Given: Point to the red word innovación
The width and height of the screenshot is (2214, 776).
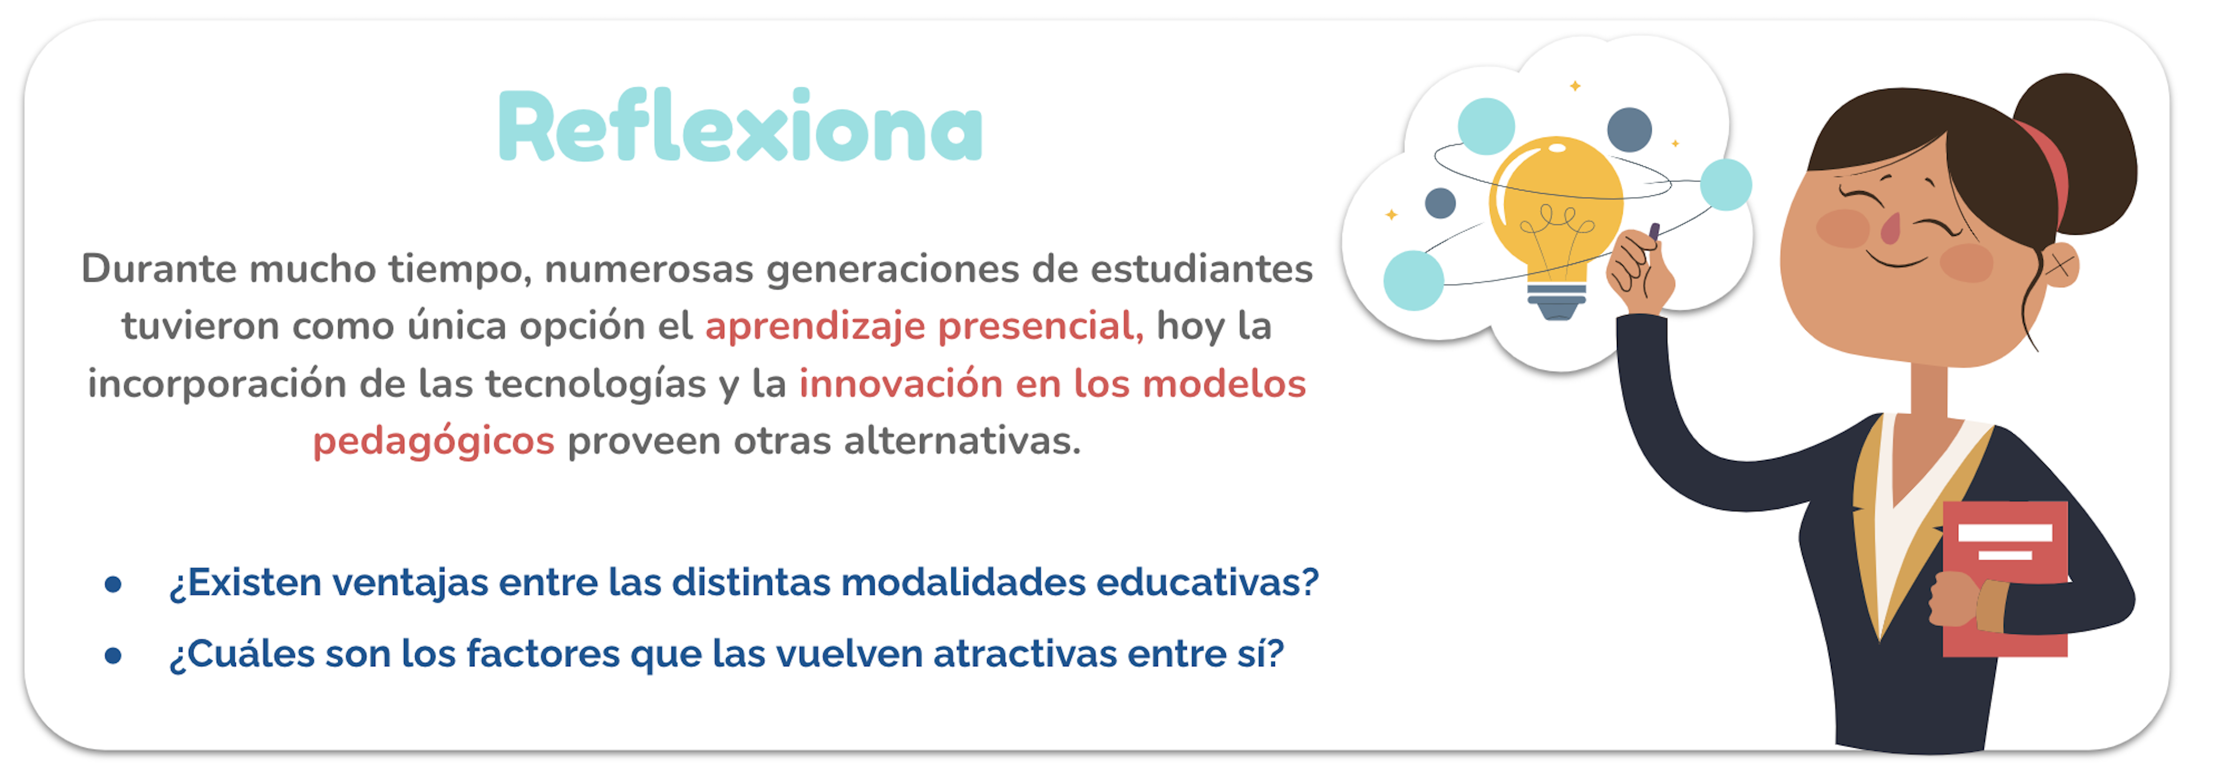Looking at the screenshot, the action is coord(900,383).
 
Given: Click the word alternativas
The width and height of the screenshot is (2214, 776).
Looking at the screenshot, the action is coord(962,441).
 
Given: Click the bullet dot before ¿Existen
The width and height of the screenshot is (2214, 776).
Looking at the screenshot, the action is coord(112,584).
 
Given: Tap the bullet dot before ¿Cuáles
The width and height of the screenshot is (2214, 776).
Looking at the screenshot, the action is coord(112,656).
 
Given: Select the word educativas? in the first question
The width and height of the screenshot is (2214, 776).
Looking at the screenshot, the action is coord(1208,583).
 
